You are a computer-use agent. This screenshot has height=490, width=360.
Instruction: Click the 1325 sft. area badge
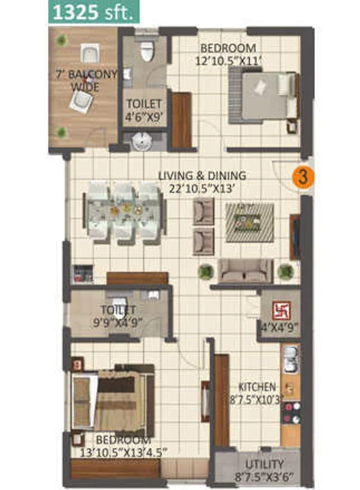(x=94, y=13)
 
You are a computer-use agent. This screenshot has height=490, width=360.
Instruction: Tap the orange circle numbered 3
(x=302, y=178)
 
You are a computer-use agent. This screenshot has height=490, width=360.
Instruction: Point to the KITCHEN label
(x=257, y=387)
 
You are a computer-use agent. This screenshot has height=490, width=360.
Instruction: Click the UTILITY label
(x=265, y=464)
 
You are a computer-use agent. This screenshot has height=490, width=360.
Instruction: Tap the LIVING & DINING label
(x=202, y=175)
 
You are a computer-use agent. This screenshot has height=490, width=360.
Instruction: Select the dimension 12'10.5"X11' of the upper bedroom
(x=228, y=61)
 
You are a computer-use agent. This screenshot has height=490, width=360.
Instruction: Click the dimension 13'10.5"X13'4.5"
(x=124, y=453)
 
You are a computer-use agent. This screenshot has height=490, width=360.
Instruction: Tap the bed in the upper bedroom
(x=263, y=96)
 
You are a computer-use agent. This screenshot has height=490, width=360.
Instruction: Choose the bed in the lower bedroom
(x=113, y=400)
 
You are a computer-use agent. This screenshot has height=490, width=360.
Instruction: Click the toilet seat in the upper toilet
(x=147, y=50)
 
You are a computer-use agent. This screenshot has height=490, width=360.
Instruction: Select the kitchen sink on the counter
(x=290, y=359)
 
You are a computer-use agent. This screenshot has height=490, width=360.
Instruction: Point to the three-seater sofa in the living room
(x=245, y=271)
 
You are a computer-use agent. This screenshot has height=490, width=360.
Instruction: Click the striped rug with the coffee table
(x=250, y=222)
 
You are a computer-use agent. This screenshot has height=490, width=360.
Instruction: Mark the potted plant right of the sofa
(x=284, y=271)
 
